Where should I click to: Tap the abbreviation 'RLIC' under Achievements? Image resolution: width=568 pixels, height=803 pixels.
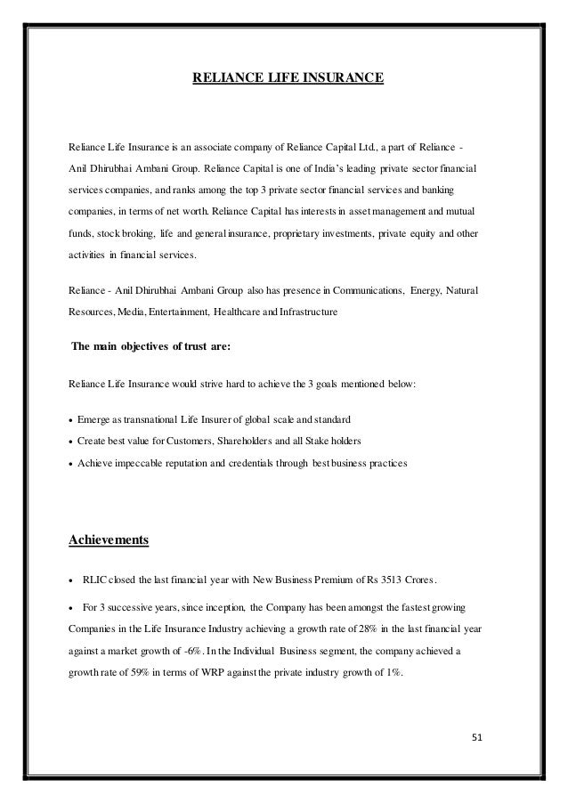97,580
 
